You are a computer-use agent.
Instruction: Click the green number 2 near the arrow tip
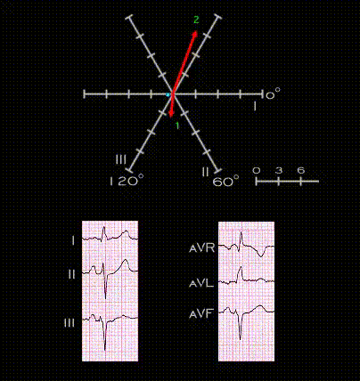tap(196, 20)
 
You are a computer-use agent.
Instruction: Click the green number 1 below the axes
tap(177, 126)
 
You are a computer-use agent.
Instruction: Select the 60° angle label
tap(225, 181)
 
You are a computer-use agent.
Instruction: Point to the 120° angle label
tap(127, 180)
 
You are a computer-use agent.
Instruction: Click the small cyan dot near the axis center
tap(168, 95)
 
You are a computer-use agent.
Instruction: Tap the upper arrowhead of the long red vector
tap(195, 33)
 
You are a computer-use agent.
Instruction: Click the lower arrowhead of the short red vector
tap(170, 115)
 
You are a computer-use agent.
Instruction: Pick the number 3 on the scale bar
tap(279, 170)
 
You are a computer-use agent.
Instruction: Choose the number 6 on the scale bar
tap(301, 170)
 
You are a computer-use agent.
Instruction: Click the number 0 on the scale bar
tap(257, 170)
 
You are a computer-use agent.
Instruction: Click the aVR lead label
tap(202, 247)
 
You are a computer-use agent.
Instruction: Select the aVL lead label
tap(201, 284)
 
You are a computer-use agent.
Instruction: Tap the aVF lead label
tap(201, 313)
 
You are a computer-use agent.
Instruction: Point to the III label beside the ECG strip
tap(70, 323)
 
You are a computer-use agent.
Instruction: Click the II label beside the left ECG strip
tap(71, 274)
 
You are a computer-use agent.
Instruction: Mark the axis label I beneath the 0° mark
tap(255, 106)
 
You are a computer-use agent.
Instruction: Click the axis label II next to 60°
tap(205, 172)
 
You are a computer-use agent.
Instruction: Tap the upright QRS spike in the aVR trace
tap(241, 239)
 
